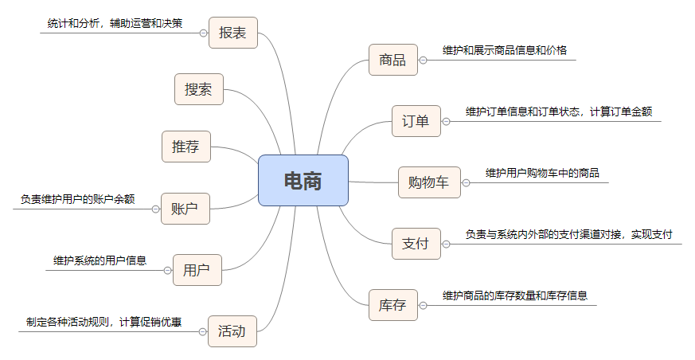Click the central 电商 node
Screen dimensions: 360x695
[303, 181]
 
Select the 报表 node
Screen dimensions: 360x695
[232, 33]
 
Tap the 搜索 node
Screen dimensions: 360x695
[198, 89]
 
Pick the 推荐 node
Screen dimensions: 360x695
[185, 147]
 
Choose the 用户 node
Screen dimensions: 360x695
[197, 270]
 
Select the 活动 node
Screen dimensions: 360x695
[232, 331]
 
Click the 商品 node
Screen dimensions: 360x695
[392, 60]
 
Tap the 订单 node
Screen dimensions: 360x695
[416, 121]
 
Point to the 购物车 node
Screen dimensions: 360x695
[428, 182]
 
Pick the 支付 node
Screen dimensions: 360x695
[416, 244]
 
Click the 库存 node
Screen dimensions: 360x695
[392, 305]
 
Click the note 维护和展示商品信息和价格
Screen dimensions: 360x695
[505, 50]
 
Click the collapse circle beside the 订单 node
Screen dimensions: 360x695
[447, 121]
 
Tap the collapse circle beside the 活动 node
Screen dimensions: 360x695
[201, 331]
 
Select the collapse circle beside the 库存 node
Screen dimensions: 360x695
[424, 305]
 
